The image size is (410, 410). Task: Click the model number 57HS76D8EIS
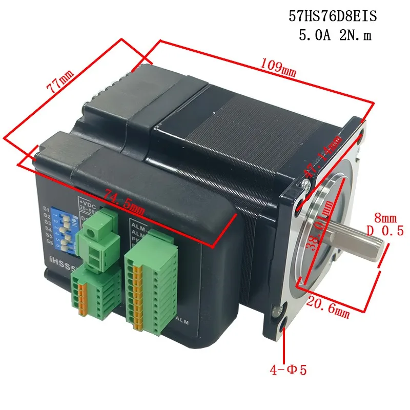tap(333, 17)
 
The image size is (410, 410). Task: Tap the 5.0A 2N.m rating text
tap(333, 36)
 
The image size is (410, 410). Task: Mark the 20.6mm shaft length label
tap(327, 307)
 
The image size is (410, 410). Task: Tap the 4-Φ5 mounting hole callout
tap(289, 369)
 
